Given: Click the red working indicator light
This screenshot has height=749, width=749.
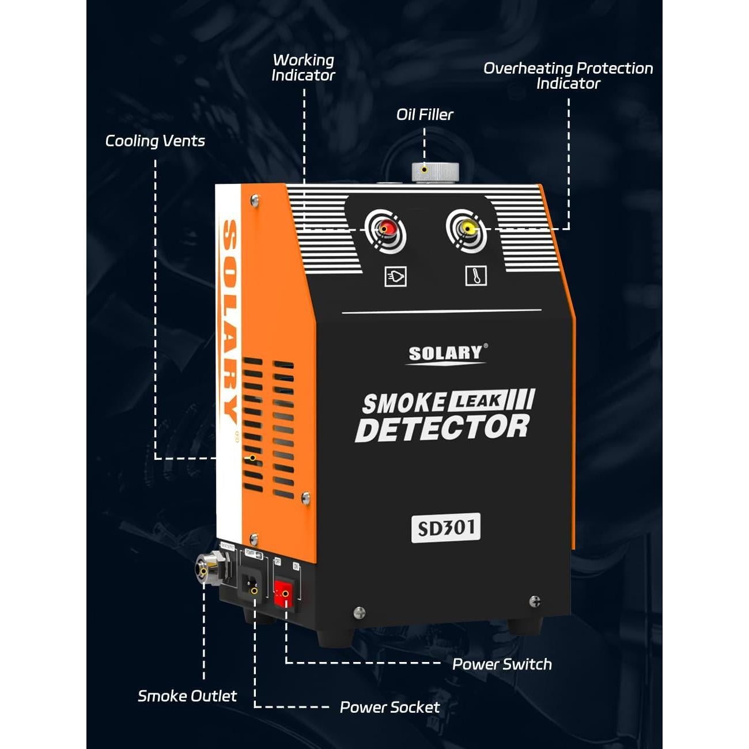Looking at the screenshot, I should tap(385, 229).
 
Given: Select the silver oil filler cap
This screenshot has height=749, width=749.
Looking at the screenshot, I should tap(435, 172).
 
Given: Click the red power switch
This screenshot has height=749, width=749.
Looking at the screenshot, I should tap(283, 593).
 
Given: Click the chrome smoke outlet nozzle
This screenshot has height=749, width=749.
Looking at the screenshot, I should tap(206, 569).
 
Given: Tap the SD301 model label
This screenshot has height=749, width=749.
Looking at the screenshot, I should tap(445, 527).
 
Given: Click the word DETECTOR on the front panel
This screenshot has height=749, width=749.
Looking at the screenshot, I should tap(442, 429).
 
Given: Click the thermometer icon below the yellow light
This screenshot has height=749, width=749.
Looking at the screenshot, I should tap(475, 276).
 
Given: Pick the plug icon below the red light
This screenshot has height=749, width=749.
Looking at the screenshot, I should tap(395, 277).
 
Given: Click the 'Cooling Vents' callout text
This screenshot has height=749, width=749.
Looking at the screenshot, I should tap(155, 141).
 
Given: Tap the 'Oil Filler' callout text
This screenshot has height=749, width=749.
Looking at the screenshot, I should tap(425, 115).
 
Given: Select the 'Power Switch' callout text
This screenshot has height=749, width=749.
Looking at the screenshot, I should tap(502, 664).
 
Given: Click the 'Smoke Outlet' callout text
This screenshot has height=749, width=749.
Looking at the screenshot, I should tap(187, 696).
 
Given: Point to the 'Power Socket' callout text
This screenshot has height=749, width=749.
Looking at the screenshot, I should tap(389, 708).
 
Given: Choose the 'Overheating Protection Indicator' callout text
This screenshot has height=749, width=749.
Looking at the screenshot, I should tap(568, 75).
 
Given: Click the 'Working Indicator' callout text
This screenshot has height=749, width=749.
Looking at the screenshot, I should tap(303, 67).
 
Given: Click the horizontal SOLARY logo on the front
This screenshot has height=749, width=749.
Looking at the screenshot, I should tap(445, 353).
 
